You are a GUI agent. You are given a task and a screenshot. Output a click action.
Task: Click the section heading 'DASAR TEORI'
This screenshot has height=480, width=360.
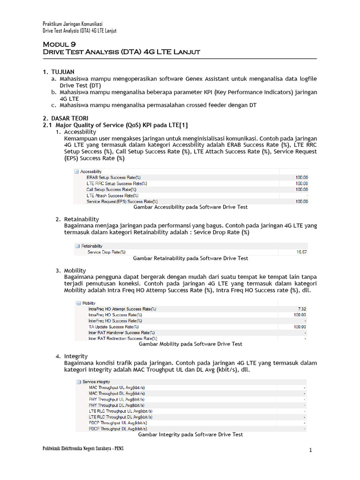(x=69, y=118)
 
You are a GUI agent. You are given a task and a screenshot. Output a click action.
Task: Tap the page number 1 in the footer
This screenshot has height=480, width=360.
(x=310, y=451)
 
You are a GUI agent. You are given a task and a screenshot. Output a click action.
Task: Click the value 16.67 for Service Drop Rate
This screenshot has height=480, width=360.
(x=301, y=252)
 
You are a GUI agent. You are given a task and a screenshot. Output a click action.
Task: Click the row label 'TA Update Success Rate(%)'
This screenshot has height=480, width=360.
(x=113, y=327)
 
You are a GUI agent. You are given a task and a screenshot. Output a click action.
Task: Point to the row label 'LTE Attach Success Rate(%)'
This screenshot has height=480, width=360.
(x=112, y=195)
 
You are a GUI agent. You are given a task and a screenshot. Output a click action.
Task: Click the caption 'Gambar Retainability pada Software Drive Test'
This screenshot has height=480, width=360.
(x=191, y=258)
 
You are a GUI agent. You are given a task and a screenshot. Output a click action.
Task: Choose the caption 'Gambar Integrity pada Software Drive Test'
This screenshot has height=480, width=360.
(x=190, y=435)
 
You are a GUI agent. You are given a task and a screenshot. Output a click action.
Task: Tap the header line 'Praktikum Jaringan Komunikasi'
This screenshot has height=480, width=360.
(x=73, y=24)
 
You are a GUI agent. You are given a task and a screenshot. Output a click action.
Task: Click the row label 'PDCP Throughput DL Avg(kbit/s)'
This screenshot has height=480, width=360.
(x=117, y=429)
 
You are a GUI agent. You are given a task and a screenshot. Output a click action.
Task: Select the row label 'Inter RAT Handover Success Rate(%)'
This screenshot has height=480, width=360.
(x=122, y=332)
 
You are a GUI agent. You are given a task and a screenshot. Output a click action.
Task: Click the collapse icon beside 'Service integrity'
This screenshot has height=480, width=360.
(x=78, y=382)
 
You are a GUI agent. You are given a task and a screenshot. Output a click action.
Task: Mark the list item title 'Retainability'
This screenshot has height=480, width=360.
(x=82, y=219)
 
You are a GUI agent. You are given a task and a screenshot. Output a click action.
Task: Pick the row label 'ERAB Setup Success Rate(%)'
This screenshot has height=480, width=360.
(x=113, y=178)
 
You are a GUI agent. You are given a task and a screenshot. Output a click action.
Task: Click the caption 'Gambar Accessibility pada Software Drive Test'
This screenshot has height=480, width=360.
(x=190, y=207)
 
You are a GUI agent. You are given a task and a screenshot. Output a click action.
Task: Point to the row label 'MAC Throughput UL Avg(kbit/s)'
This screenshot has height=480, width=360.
(x=117, y=388)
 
